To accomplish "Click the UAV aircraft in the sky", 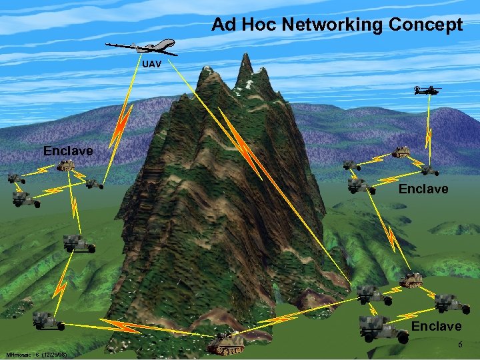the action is tap(142, 46).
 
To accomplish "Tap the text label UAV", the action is tap(151, 65).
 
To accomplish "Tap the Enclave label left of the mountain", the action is tap(68, 151).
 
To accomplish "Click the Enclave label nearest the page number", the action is tap(436, 326).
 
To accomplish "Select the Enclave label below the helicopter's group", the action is tap(423, 189).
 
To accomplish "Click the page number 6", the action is tap(459, 343).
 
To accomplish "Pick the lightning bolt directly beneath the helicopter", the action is tap(429, 142).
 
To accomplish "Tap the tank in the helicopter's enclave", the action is tap(401, 153).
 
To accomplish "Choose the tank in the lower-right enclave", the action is tap(411, 280).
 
